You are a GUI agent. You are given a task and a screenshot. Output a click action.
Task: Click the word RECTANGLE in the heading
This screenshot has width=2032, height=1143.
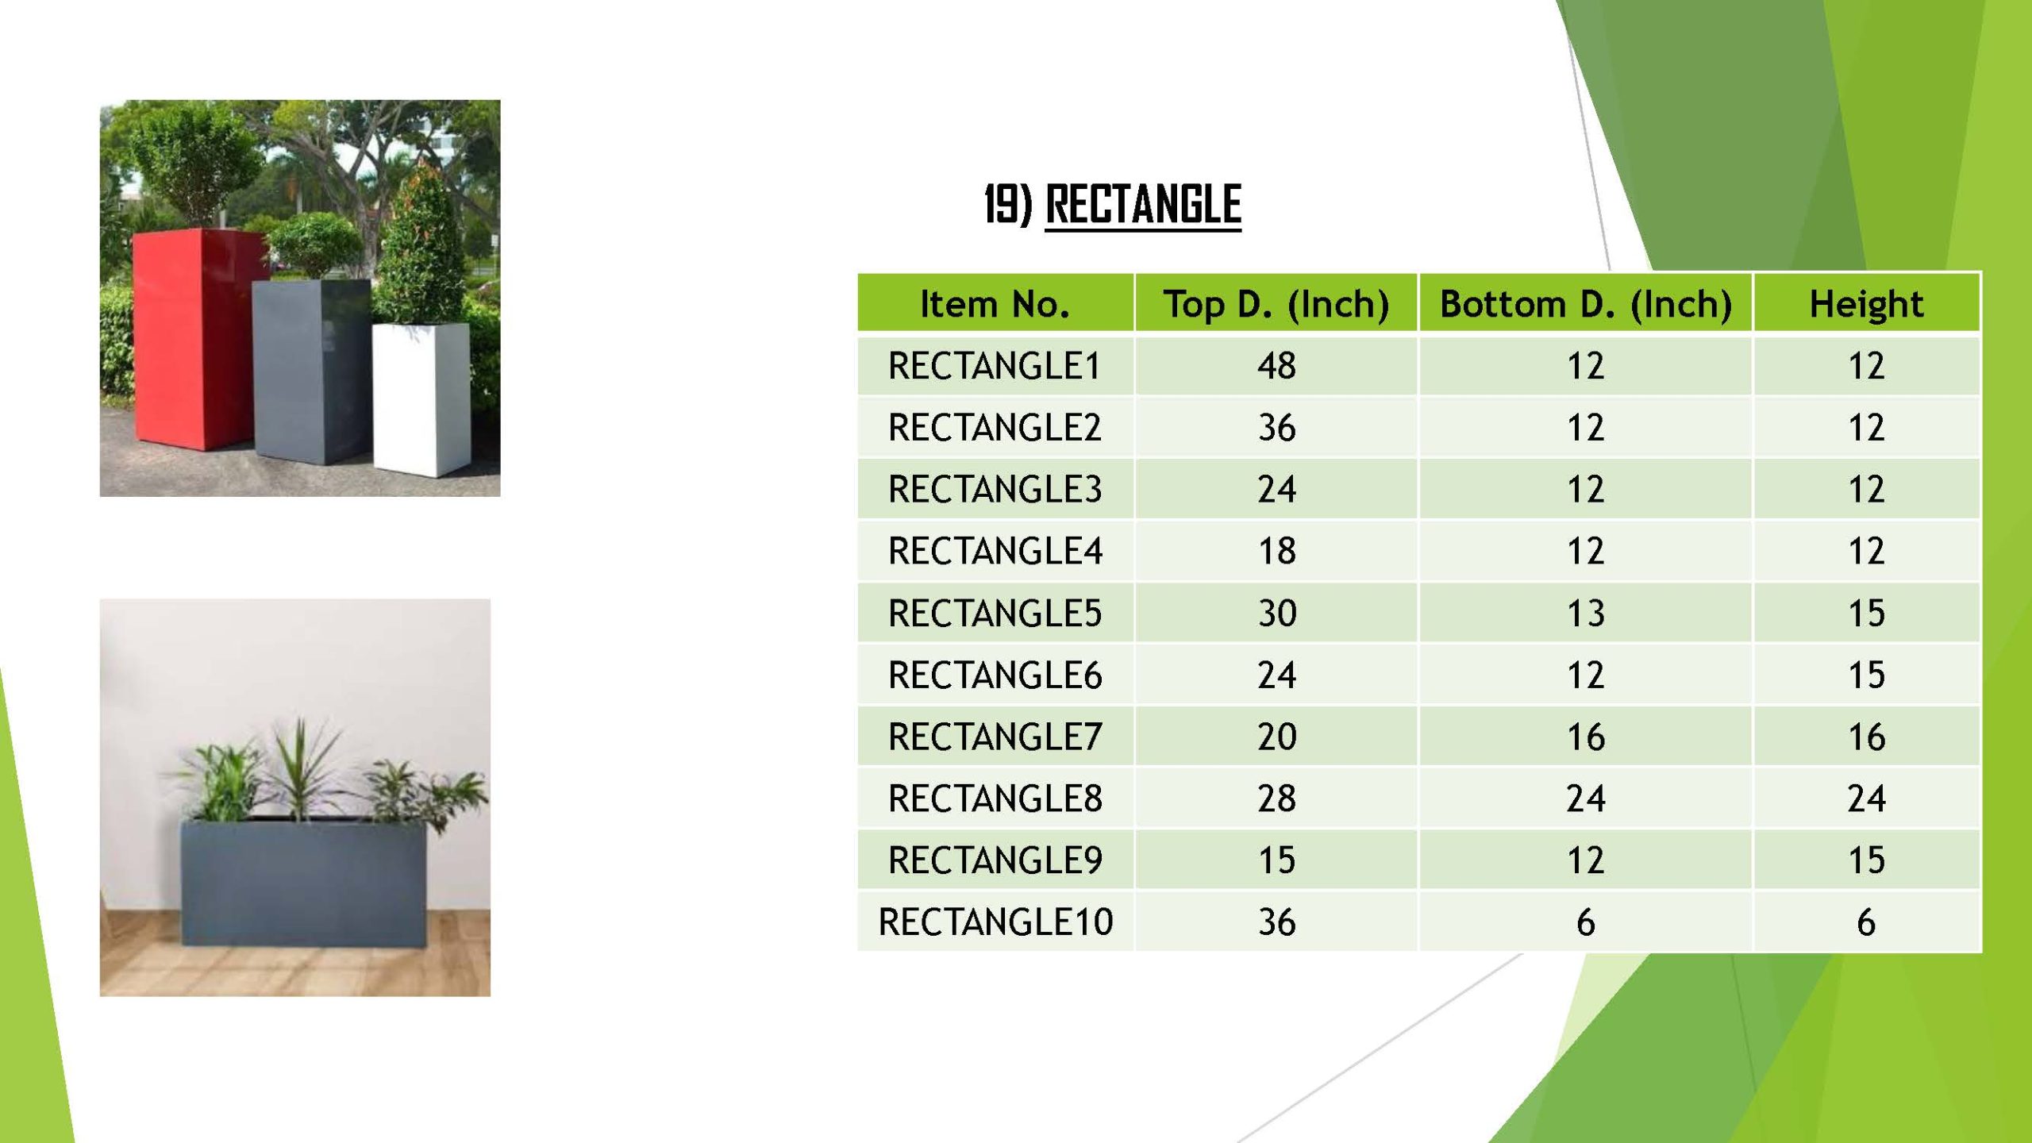click(x=1143, y=204)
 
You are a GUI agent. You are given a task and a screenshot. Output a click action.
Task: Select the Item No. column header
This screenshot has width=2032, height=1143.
click(x=995, y=303)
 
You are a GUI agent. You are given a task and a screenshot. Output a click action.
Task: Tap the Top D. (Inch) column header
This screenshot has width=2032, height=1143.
click(x=1276, y=304)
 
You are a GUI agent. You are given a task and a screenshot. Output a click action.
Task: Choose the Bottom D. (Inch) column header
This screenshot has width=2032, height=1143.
click(x=1585, y=304)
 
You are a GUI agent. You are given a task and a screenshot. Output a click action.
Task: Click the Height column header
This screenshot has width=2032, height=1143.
click(x=1866, y=304)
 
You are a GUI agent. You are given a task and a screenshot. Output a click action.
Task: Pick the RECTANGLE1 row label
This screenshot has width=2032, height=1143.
click(x=995, y=366)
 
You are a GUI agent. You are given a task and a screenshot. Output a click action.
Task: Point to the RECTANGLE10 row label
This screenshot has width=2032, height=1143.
click(x=995, y=922)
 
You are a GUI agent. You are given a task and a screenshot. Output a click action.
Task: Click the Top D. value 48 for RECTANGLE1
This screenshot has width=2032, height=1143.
click(x=1276, y=366)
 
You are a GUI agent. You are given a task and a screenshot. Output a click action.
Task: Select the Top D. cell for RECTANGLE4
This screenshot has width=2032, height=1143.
click(x=1276, y=551)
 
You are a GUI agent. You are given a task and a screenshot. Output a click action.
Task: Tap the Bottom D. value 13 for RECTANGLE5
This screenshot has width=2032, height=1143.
click(x=1585, y=613)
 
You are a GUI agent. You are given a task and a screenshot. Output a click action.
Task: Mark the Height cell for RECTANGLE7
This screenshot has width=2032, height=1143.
click(x=1866, y=737)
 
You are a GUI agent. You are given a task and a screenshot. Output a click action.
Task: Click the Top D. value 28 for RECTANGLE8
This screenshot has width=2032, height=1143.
click(x=1276, y=798)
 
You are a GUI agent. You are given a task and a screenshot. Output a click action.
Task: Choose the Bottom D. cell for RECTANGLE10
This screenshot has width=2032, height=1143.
click(x=1585, y=922)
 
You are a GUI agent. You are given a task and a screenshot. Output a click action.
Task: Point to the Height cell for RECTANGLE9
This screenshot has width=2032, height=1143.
click(x=1866, y=860)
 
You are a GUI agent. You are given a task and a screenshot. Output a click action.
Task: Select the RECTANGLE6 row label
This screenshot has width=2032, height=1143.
click(x=995, y=675)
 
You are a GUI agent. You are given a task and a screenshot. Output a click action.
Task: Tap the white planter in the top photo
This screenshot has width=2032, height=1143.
click(x=421, y=398)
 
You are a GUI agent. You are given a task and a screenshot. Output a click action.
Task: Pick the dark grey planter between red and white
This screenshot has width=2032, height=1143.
click(x=312, y=370)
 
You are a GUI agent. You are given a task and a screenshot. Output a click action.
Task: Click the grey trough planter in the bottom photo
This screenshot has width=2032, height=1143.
click(x=305, y=881)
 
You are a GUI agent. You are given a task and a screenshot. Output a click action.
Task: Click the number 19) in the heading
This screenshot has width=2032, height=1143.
click(x=1008, y=204)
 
